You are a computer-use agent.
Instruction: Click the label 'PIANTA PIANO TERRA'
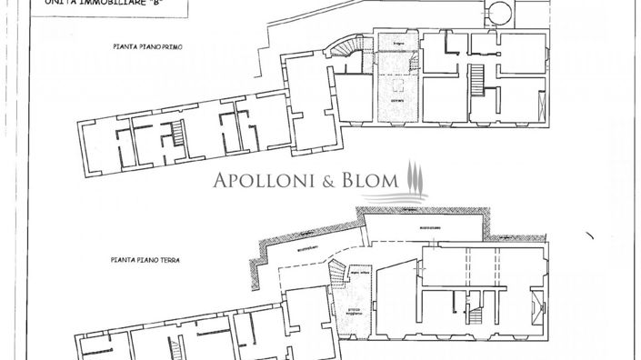pos(147,260)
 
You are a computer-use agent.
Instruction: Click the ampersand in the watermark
pos(324,180)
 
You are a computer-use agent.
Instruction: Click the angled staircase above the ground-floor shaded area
pos(339,269)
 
